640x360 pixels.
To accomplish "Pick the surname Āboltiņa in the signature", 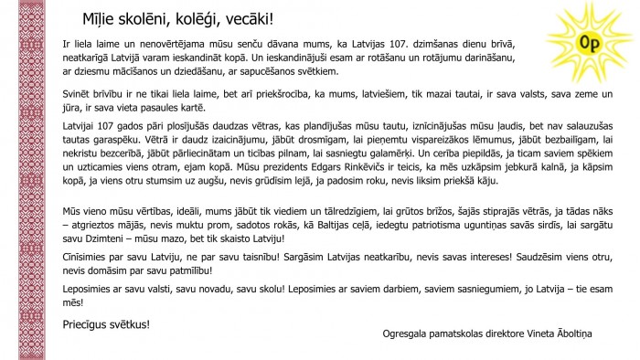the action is [576, 333].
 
